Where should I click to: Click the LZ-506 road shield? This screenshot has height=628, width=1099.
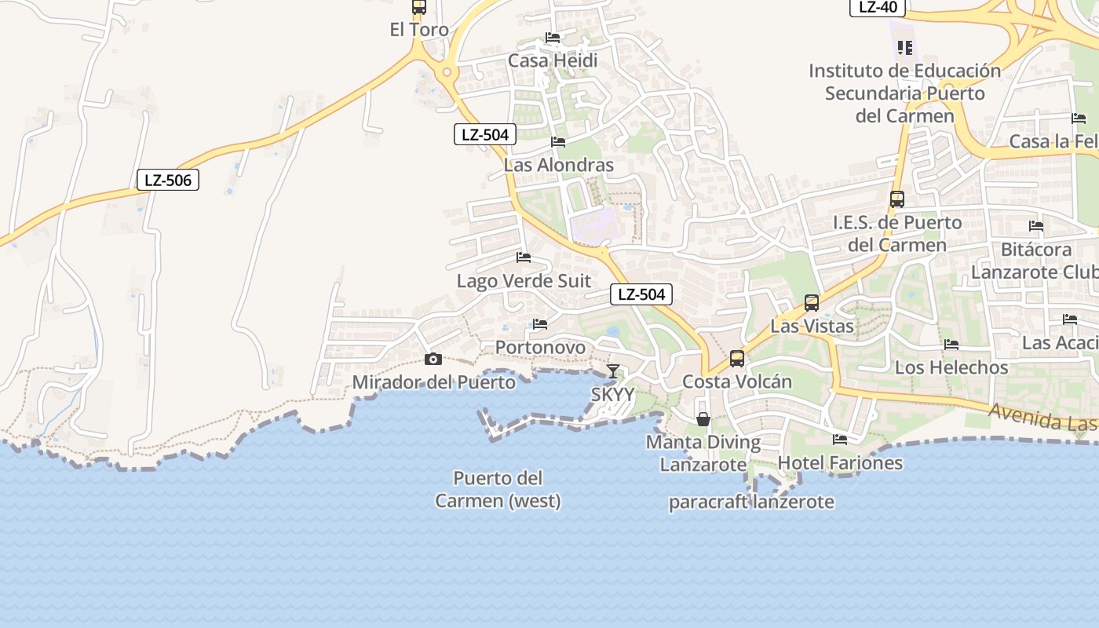[168, 180]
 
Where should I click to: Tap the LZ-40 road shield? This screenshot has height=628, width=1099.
[878, 7]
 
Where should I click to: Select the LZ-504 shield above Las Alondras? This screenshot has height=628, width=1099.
[485, 134]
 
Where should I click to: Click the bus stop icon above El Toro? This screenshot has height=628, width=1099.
[419, 8]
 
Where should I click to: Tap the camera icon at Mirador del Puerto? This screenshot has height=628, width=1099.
[433, 360]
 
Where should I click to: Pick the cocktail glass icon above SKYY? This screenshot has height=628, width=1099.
[613, 371]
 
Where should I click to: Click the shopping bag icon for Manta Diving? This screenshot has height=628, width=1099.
[703, 419]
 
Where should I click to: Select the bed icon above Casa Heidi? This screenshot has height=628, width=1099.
[553, 38]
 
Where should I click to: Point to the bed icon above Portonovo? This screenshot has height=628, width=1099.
[539, 323]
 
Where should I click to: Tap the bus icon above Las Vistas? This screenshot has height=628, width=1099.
[812, 302]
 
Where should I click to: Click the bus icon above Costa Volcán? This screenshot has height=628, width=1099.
[737, 359]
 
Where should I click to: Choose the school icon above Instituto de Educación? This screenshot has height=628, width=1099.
[905, 49]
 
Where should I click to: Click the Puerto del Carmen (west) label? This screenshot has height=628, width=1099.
[498, 489]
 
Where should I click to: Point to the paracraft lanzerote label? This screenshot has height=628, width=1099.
[751, 502]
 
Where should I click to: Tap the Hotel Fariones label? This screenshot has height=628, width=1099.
[840, 463]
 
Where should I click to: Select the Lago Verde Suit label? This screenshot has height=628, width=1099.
[524, 281]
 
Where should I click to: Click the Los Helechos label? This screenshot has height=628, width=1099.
[951, 367]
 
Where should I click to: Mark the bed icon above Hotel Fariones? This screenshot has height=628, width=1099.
[840, 440]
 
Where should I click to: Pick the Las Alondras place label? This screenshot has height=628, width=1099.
[558, 165]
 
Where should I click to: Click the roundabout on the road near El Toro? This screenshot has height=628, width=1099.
[447, 73]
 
